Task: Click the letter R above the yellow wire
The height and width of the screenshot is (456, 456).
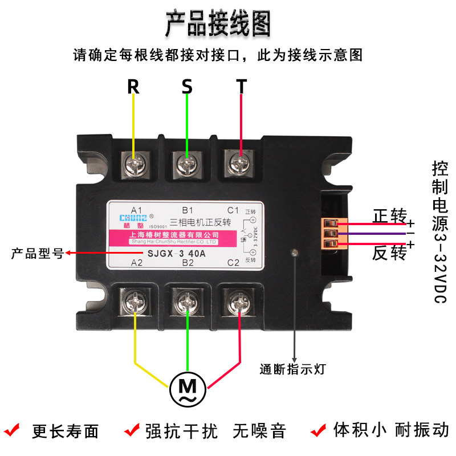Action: pos(133,86)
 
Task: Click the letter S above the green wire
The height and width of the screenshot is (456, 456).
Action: pos(187,86)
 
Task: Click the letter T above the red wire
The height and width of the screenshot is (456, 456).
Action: pos(242,86)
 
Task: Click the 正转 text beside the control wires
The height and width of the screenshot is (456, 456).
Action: pos(389,216)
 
